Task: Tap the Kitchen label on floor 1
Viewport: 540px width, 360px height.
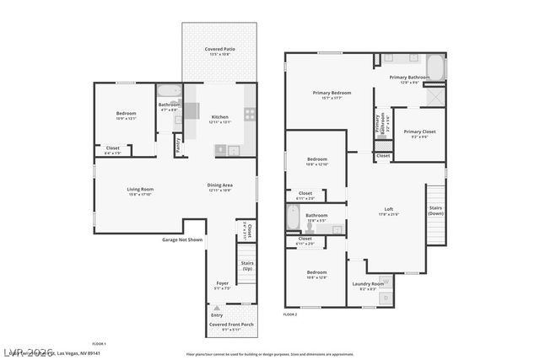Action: click(x=219, y=117)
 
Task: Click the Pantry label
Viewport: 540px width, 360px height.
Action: click(x=179, y=146)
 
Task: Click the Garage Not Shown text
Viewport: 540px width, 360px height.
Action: click(x=182, y=239)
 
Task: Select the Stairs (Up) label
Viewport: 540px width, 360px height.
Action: click(x=247, y=265)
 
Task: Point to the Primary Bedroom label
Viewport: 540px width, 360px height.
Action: click(x=332, y=93)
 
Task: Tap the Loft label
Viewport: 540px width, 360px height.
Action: click(x=389, y=209)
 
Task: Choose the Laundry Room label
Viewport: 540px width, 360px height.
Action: click(x=368, y=284)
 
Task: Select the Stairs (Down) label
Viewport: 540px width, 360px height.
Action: click(x=435, y=210)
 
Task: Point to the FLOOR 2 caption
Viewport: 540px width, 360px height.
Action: click(x=290, y=314)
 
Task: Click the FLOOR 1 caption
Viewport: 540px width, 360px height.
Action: click(x=99, y=343)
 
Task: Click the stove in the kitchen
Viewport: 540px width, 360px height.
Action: click(x=250, y=114)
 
